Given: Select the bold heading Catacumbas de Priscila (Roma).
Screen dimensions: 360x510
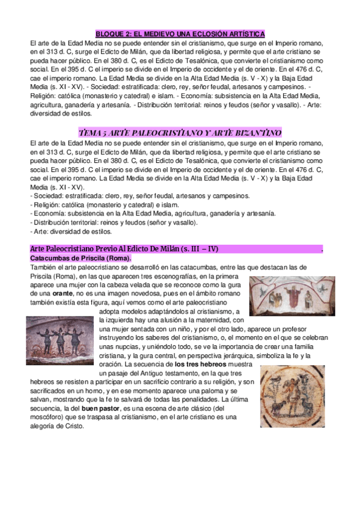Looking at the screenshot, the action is pos(80,257).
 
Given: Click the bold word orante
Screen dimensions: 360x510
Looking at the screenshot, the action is pos(63,293).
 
